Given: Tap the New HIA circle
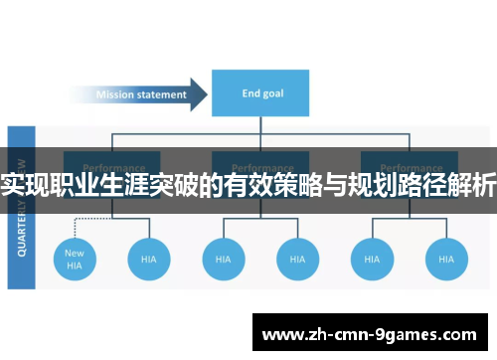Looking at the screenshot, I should tap(75, 259).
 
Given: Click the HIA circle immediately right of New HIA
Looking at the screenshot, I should tap(149, 259).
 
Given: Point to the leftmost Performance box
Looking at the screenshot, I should tap(112, 169).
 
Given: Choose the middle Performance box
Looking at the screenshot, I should tap(260, 169).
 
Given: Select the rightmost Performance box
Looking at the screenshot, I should tap(409, 169).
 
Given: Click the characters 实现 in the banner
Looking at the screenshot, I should tap(28, 185).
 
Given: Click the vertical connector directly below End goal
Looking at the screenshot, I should tap(260, 127).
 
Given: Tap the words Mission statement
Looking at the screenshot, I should tap(140, 95).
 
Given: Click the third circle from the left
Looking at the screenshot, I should tap(224, 259).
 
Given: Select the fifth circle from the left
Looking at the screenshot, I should tap(372, 259).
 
